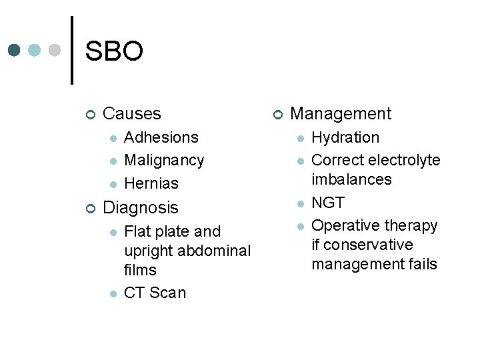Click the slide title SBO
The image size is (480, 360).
[x=114, y=51]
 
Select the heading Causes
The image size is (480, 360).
[x=132, y=114]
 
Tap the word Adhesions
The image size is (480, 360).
[x=161, y=138]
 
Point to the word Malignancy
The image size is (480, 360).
[x=164, y=161]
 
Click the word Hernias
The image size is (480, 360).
[x=151, y=183]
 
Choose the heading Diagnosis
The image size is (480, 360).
[x=141, y=208]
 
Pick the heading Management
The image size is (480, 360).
[x=341, y=114]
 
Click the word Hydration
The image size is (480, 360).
[x=345, y=138]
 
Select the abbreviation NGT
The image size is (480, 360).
[x=328, y=203]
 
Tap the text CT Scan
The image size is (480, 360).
[x=155, y=293]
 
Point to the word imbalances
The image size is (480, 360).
[x=351, y=180]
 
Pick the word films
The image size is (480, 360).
[x=141, y=271]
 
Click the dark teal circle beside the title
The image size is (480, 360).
[x=15, y=50]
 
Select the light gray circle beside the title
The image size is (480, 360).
[x=55, y=50]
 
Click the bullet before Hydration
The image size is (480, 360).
[x=301, y=139]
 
